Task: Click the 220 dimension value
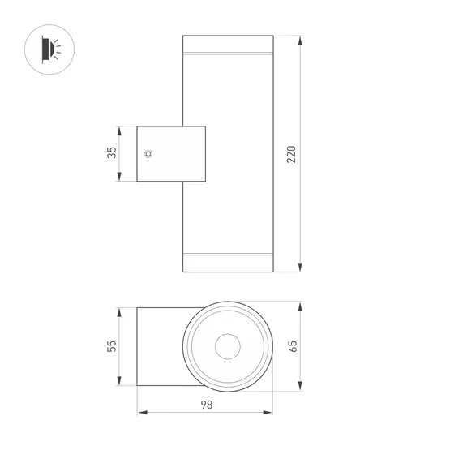[291, 154]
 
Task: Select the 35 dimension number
[113, 152]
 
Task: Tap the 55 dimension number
[113, 346]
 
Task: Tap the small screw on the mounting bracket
[148, 153]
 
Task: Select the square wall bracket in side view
[170, 153]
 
